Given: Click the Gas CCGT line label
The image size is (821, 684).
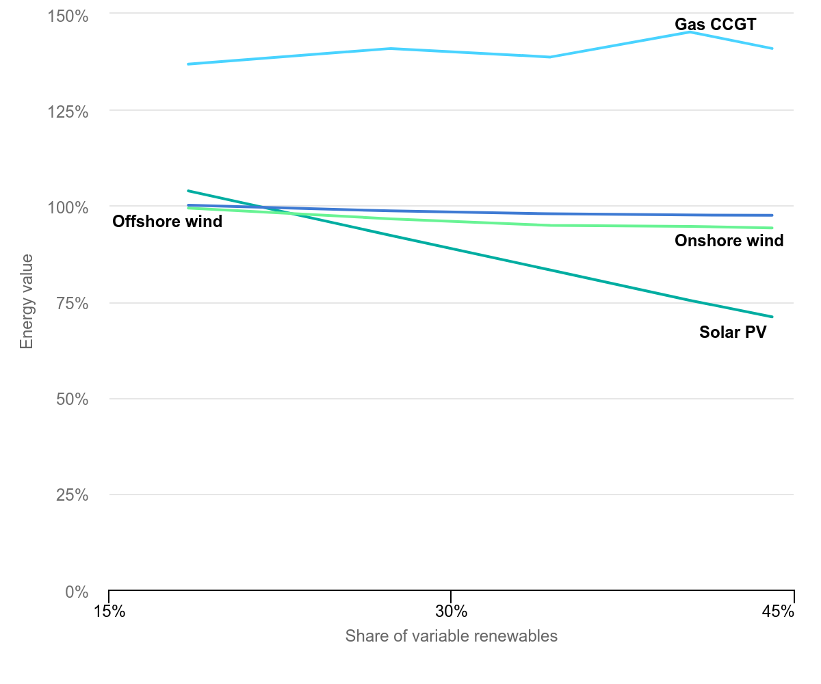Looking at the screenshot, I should (715, 25).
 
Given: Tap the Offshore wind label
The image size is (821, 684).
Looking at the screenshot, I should (167, 222).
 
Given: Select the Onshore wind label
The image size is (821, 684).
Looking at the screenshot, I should (729, 241).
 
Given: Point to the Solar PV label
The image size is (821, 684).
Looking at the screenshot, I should (733, 332).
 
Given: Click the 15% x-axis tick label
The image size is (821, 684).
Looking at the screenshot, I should (109, 611).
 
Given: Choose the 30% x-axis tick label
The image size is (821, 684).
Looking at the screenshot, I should (451, 611).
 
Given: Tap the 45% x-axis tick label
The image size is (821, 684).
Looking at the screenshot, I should (778, 611).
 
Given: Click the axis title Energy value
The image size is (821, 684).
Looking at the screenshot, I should (27, 301).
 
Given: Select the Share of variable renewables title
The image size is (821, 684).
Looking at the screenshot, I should (451, 636).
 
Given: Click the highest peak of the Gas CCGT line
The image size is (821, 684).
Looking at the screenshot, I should (690, 32).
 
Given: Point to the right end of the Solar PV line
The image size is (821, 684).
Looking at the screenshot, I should (772, 317).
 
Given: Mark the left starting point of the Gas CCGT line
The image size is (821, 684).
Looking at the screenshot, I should (188, 64).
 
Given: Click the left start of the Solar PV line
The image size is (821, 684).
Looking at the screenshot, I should (188, 191).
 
